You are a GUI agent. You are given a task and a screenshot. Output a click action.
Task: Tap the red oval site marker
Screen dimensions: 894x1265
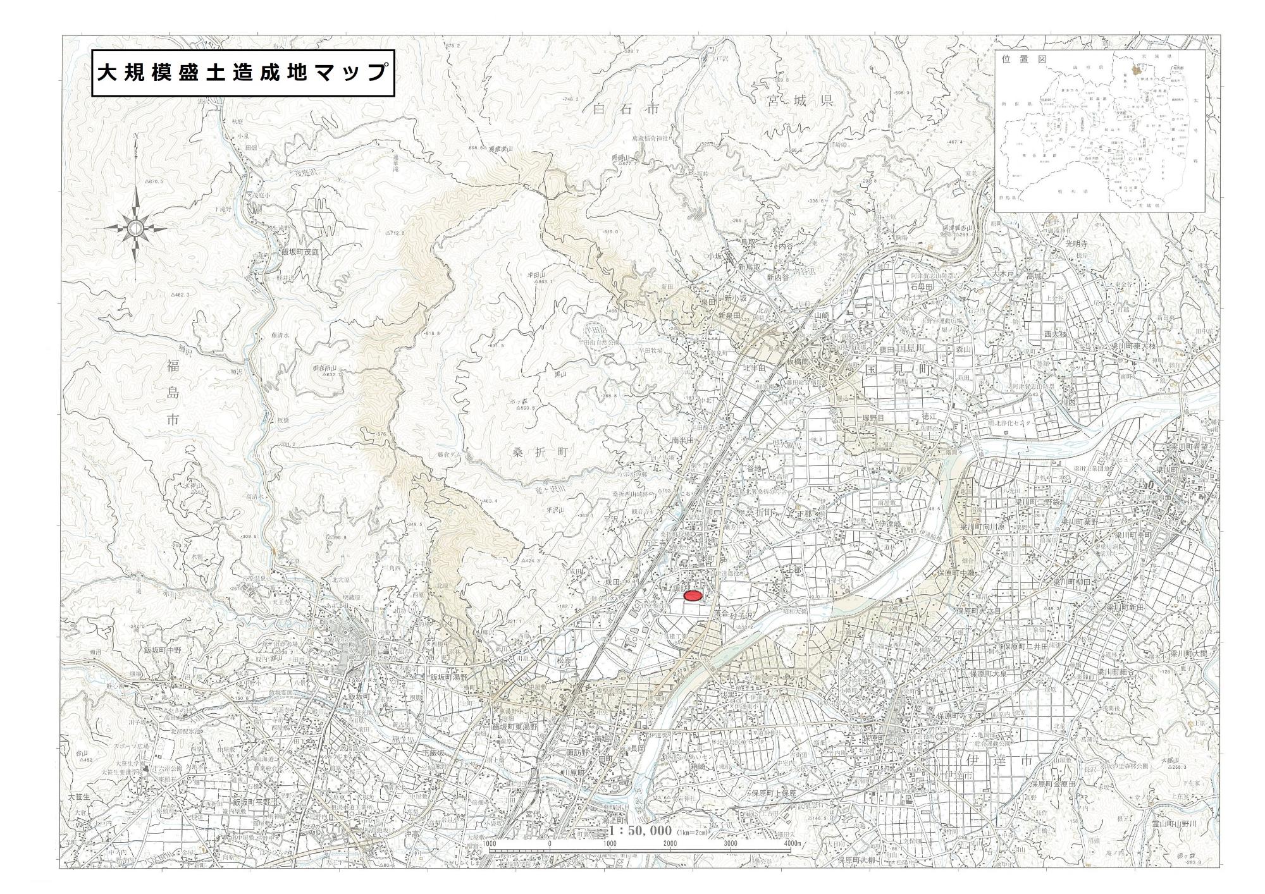694,596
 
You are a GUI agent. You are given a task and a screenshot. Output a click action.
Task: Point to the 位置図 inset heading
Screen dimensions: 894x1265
1025,59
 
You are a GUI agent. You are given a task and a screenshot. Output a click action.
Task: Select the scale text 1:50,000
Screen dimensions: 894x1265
640,830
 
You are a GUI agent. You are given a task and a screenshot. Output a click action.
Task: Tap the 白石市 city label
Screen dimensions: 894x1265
627,109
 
